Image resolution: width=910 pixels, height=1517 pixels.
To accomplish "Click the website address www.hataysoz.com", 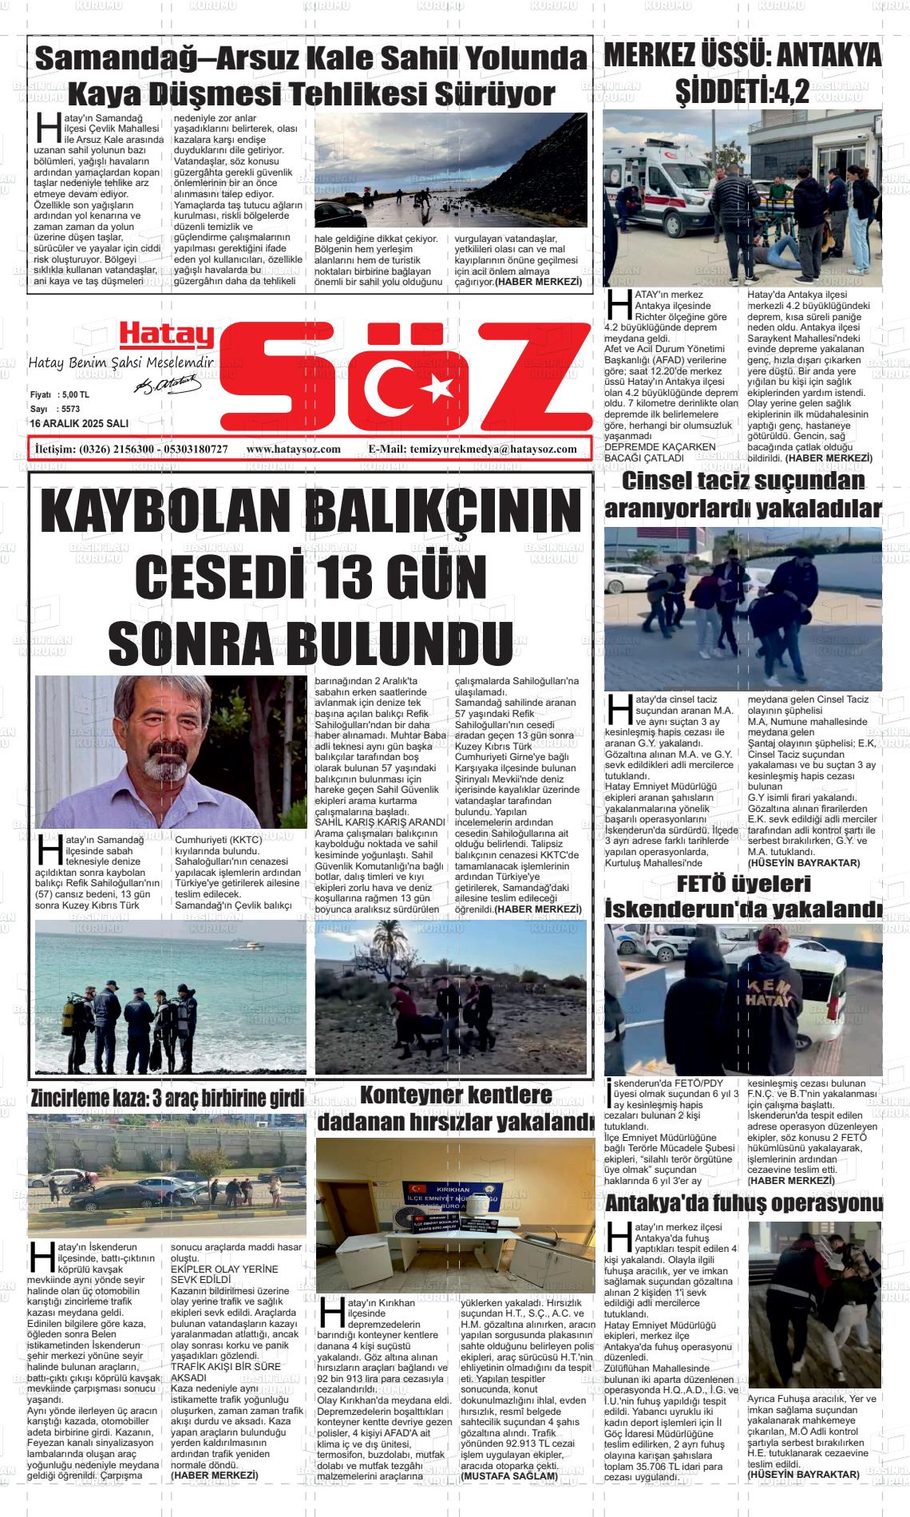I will (294, 450).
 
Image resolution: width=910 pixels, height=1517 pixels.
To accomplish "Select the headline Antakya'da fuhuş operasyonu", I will (744, 1203).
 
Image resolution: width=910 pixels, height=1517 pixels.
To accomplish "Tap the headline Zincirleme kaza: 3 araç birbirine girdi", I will (168, 1098).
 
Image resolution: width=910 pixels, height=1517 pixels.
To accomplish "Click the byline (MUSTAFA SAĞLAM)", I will (508, 1476).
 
